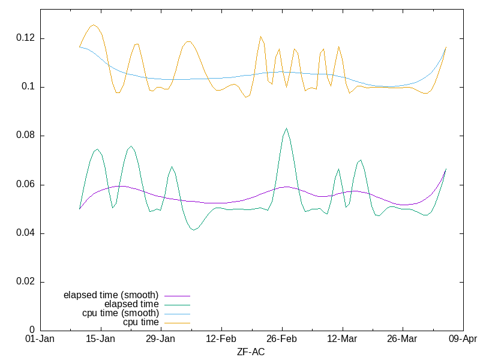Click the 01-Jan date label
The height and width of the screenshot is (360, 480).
point(40,339)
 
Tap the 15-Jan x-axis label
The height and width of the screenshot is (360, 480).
point(100,339)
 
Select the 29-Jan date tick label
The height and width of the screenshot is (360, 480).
point(161,339)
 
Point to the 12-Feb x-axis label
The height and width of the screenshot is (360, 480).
point(221,339)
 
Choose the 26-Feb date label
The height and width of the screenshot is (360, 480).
point(282,339)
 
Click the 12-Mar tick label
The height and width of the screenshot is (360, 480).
point(343,339)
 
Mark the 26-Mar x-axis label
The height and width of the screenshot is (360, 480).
point(403,339)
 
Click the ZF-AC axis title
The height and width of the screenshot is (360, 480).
point(251,352)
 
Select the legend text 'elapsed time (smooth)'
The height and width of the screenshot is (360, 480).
point(111,295)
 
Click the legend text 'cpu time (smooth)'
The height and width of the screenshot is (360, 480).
point(121,313)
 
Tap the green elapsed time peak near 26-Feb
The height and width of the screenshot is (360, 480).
point(286,128)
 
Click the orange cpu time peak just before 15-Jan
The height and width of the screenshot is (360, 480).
point(93,25)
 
